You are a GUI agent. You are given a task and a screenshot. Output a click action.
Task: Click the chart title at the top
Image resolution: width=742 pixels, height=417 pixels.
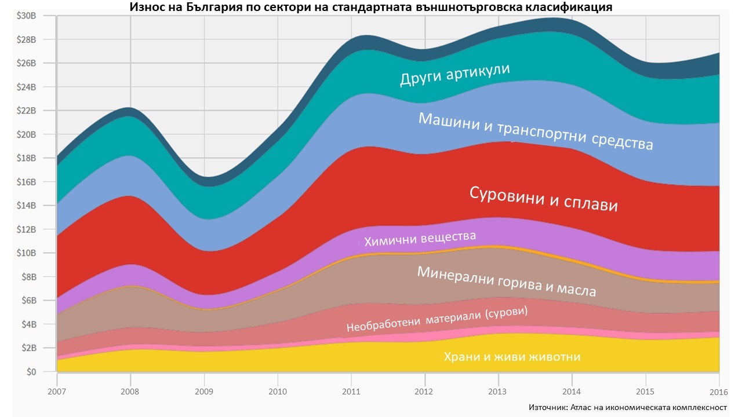(x=371, y=7)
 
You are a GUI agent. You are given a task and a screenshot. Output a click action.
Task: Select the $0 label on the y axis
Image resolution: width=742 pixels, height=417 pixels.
(x=30, y=372)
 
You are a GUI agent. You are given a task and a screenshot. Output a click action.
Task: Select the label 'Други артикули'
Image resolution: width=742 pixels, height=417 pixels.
(x=455, y=75)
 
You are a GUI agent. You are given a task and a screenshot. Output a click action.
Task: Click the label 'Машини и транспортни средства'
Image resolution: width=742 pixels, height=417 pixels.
(x=536, y=131)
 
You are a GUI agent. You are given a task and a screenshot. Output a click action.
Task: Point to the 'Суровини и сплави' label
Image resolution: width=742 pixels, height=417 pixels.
(x=543, y=199)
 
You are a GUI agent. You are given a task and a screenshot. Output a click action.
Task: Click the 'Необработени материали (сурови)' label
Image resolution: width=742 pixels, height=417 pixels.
(x=437, y=319)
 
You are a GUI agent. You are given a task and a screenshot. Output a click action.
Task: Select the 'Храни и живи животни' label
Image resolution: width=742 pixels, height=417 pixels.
(x=512, y=357)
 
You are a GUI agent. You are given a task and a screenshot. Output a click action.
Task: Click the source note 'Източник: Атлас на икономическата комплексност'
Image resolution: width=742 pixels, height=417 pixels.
(x=627, y=407)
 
